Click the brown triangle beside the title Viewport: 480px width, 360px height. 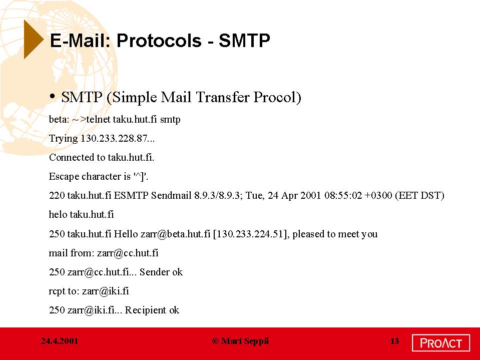(x=33, y=39)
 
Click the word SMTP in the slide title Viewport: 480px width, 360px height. (x=244, y=41)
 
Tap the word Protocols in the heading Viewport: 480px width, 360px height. (x=159, y=41)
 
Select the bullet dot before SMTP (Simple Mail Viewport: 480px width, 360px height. (x=53, y=97)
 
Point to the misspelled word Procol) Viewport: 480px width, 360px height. (x=277, y=97)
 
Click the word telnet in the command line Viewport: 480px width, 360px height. (x=98, y=119)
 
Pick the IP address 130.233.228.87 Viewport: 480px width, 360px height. (x=114, y=138)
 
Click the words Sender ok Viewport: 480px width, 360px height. (x=161, y=272)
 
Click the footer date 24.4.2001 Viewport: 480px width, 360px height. (x=60, y=341)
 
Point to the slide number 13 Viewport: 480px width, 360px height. (x=394, y=341)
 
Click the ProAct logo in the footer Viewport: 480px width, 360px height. (x=441, y=343)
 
